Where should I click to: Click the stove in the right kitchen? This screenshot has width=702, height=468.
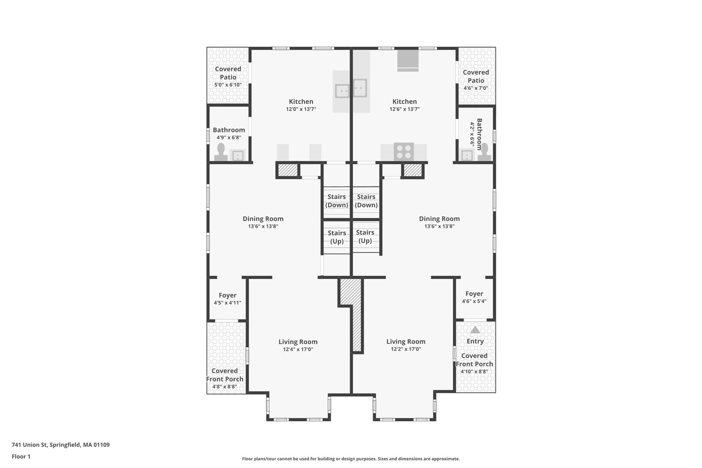click(404, 152)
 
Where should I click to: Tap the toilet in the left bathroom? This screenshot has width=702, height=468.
click(221, 152)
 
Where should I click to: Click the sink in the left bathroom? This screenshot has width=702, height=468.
click(238, 155)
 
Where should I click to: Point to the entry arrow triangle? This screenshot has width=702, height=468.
click(475, 329)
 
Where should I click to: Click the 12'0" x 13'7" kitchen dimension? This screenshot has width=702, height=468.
click(301, 109)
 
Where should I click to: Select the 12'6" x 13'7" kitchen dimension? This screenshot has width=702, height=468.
click(404, 109)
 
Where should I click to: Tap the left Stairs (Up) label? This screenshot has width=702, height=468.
click(337, 237)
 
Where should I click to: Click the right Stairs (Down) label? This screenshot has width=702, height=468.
click(366, 201)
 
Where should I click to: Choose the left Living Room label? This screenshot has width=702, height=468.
click(298, 342)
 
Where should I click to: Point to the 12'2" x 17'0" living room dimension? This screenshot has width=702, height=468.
click(406, 349)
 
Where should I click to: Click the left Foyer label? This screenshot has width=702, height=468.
click(228, 295)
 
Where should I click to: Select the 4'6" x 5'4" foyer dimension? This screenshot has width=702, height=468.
click(474, 301)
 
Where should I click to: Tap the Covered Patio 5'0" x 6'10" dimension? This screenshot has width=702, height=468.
click(228, 85)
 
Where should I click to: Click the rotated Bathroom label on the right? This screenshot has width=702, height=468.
click(480, 134)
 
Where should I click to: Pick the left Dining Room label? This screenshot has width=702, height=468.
click(263, 219)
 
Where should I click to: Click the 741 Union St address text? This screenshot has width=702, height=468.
click(61, 445)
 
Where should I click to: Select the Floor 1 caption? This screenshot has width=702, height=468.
click(21, 456)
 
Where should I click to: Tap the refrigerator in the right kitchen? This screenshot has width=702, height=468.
click(408, 61)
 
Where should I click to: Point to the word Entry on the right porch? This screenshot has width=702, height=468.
click(475, 341)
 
